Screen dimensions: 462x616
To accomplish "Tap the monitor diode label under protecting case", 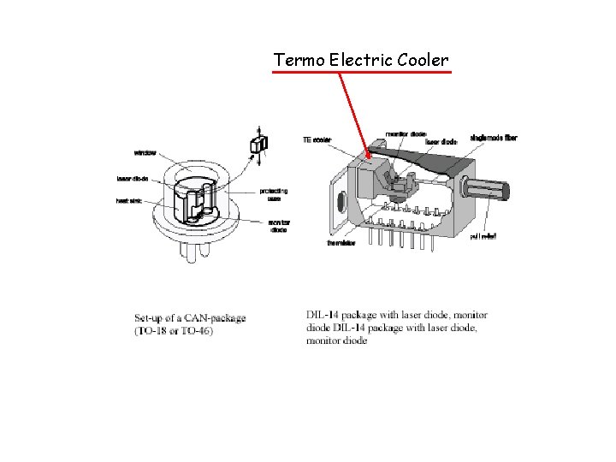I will (x=279, y=226).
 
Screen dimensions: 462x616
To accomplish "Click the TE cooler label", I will (x=317, y=139).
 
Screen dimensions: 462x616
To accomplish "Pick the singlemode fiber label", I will (x=494, y=137).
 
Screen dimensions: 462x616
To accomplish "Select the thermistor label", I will (x=341, y=242).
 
